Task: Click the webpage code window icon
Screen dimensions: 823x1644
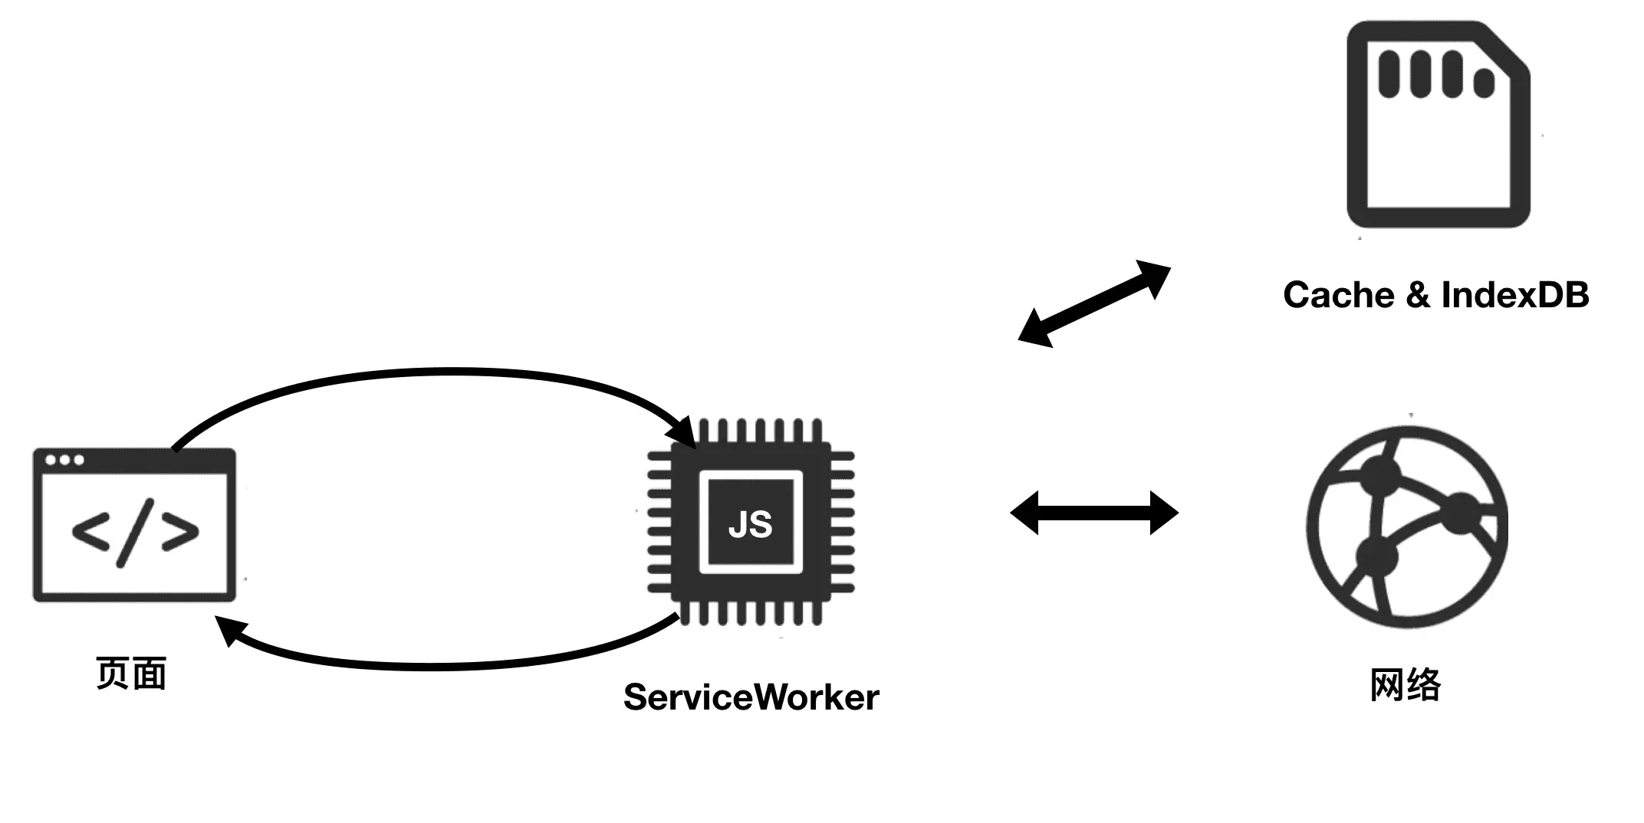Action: (134, 525)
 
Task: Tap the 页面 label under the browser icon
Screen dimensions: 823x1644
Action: (131, 674)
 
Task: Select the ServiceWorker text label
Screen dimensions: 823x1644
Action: (751, 697)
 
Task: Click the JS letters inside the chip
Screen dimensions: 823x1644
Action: (750, 524)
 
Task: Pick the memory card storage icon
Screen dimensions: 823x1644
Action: (1438, 125)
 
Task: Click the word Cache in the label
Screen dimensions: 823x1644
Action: (1338, 295)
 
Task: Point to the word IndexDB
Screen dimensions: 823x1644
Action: (1514, 295)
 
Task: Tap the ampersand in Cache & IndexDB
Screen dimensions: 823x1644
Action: (1418, 295)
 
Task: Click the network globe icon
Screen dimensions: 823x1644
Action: (1407, 527)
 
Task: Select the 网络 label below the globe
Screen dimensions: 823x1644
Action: (1406, 684)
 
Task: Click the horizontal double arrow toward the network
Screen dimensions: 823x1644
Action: (1094, 513)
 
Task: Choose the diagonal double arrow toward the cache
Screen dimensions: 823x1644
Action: (1094, 304)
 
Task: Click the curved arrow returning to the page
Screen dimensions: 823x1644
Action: (445, 665)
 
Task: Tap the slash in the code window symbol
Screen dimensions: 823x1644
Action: (135, 533)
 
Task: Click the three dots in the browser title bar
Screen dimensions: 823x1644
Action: (64, 460)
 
